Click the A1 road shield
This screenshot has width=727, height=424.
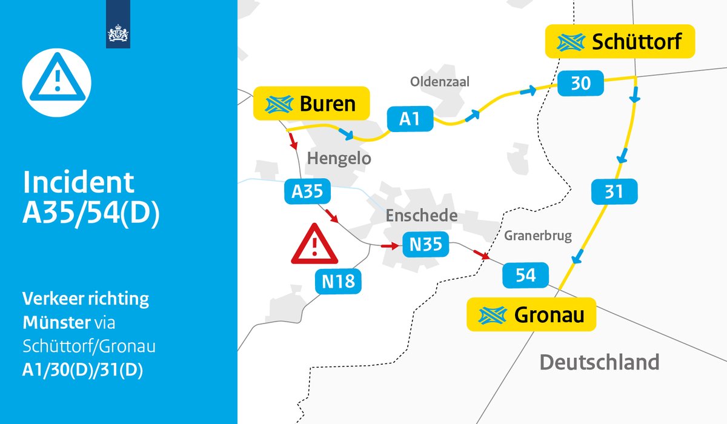click(410, 119)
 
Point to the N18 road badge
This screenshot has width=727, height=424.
click(338, 280)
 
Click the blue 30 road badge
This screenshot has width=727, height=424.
click(580, 83)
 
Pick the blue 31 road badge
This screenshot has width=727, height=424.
click(614, 192)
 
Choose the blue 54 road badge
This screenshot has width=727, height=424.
click(525, 275)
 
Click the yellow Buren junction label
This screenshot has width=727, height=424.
click(311, 104)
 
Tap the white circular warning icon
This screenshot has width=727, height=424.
click(56, 77)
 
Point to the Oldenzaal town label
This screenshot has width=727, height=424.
click(439, 81)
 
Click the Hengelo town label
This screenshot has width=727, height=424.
click(339, 159)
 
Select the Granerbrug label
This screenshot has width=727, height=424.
click(537, 235)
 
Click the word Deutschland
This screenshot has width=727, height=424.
click(599, 362)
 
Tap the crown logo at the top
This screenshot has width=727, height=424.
click(118, 35)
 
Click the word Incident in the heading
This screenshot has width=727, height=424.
click(78, 182)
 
